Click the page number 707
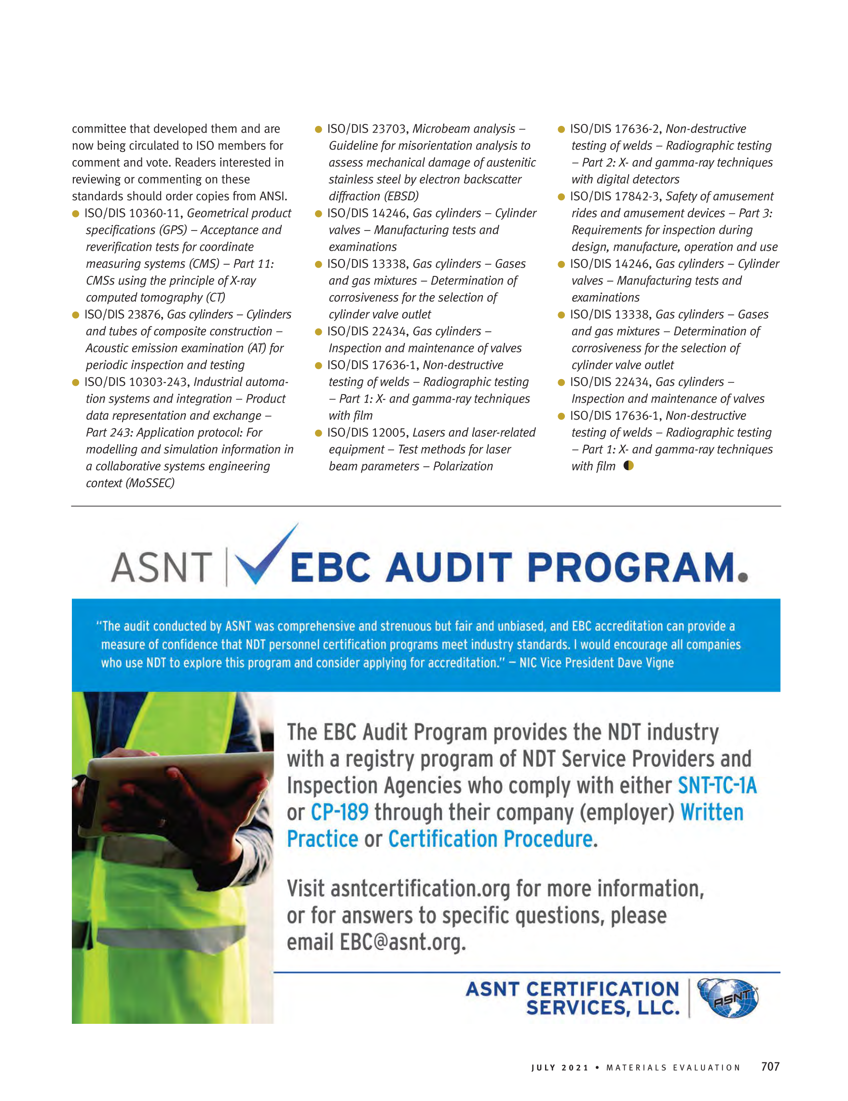click(x=770, y=1066)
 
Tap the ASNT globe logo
click(x=727, y=998)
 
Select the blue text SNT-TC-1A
click(x=717, y=786)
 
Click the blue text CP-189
click(x=339, y=812)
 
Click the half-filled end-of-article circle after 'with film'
click(x=628, y=465)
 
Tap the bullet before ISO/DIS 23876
click(x=76, y=315)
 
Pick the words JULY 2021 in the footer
click(x=560, y=1068)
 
